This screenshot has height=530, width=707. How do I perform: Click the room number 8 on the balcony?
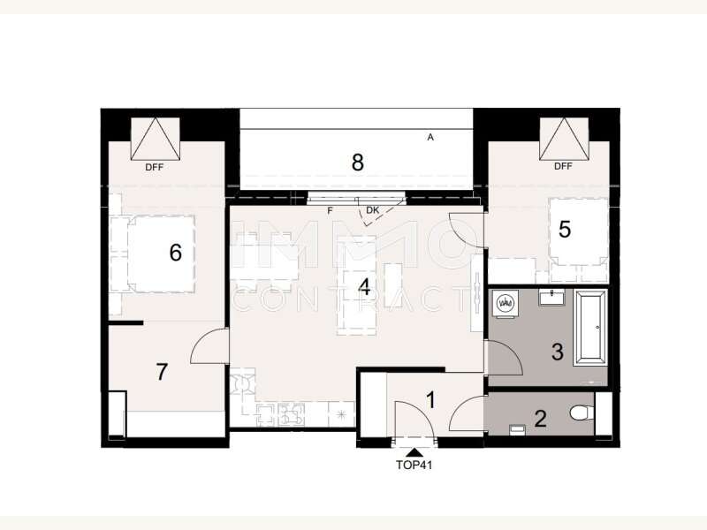click(357, 163)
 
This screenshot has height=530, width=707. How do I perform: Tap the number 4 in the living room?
click(363, 287)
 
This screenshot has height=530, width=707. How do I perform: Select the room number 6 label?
click(175, 254)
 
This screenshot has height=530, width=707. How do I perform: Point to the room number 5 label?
click(565, 230)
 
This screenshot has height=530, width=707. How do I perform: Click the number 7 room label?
click(162, 372)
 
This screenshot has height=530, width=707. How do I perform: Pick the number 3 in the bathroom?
click(558, 352)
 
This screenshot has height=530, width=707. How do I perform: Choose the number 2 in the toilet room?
click(540, 418)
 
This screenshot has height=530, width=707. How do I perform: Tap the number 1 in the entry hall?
click(430, 400)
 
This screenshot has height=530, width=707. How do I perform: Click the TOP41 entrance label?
click(414, 464)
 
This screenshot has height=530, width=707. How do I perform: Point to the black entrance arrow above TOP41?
click(414, 451)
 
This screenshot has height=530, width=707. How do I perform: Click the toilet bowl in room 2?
click(581, 413)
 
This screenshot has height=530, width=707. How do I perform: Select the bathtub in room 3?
click(589, 329)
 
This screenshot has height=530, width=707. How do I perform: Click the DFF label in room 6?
click(154, 166)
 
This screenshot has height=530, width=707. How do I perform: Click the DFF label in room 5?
click(563, 166)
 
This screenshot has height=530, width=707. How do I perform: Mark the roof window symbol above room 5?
click(564, 138)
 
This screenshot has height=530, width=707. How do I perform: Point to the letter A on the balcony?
click(430, 137)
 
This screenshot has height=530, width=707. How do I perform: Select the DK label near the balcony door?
click(372, 210)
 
